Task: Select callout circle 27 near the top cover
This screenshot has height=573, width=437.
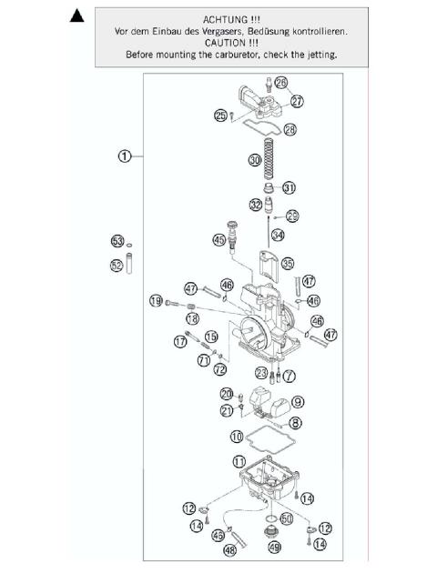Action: point(297,101)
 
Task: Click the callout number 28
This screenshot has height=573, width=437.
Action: point(290,130)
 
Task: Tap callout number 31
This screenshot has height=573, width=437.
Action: point(290,188)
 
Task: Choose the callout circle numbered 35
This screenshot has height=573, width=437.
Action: point(288,264)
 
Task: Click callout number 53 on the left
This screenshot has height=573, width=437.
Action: point(117,241)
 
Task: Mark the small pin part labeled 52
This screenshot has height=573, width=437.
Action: point(129,278)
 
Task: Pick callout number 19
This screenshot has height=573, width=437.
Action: point(156,301)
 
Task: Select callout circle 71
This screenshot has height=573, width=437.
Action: point(205,359)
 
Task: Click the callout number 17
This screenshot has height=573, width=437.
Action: point(179,342)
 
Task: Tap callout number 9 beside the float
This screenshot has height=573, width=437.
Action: point(298,402)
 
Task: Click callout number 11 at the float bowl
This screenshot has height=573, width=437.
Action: point(239,461)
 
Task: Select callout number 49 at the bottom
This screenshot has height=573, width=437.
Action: point(274,548)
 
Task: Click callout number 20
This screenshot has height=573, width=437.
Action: point(227,393)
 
